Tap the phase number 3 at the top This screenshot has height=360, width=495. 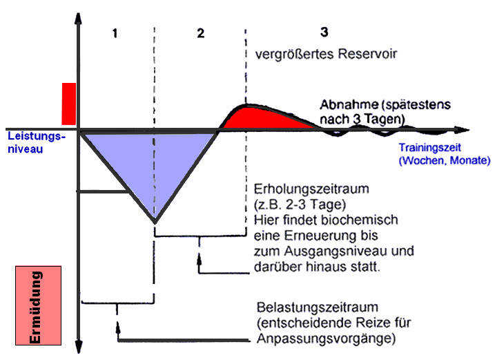324,32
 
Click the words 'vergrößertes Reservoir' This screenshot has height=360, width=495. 316,54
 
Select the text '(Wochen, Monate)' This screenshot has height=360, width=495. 443,160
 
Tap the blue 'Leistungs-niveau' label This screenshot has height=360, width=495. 36,142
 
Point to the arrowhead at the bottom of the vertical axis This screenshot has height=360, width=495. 79,349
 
